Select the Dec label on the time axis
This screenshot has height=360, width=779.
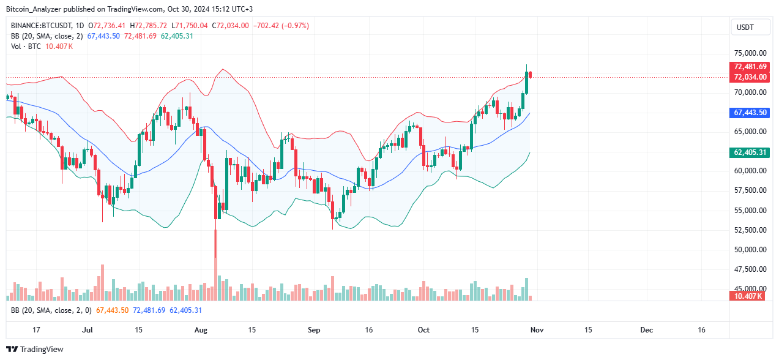(x=647, y=329)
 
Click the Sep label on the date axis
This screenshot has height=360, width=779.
(x=314, y=329)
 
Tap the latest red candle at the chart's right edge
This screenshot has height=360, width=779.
(x=530, y=75)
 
